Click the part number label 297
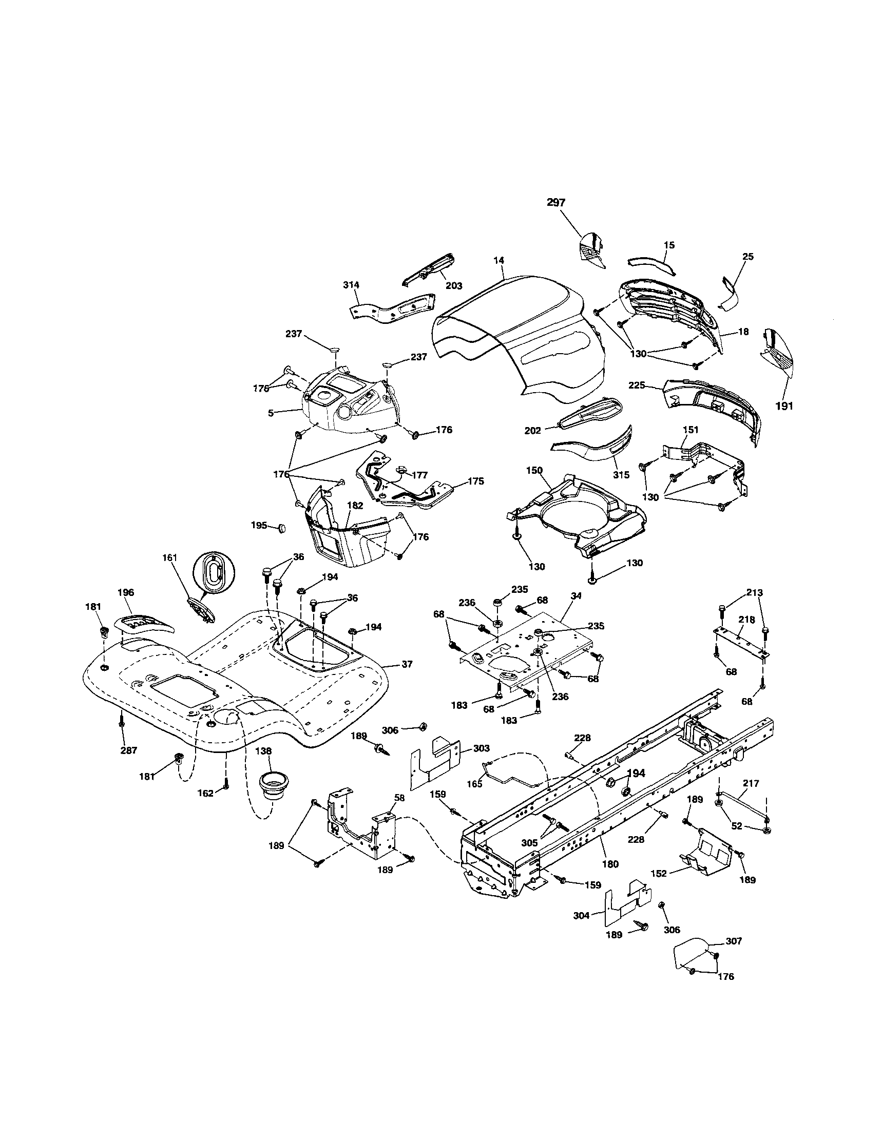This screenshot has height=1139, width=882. click(556, 203)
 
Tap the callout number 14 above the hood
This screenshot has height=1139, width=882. click(501, 260)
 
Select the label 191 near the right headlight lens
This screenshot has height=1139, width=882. click(784, 406)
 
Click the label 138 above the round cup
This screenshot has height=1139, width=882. click(264, 751)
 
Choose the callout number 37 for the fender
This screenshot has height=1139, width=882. click(407, 664)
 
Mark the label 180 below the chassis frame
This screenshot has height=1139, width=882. click(610, 864)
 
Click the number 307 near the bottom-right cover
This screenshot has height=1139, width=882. click(733, 941)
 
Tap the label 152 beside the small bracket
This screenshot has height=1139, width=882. click(659, 874)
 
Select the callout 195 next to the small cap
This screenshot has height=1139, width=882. click(259, 525)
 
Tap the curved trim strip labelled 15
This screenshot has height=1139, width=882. click(650, 263)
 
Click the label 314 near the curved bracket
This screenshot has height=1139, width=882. click(351, 285)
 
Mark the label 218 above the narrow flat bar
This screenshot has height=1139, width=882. click(746, 619)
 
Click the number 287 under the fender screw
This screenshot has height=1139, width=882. click(128, 750)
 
